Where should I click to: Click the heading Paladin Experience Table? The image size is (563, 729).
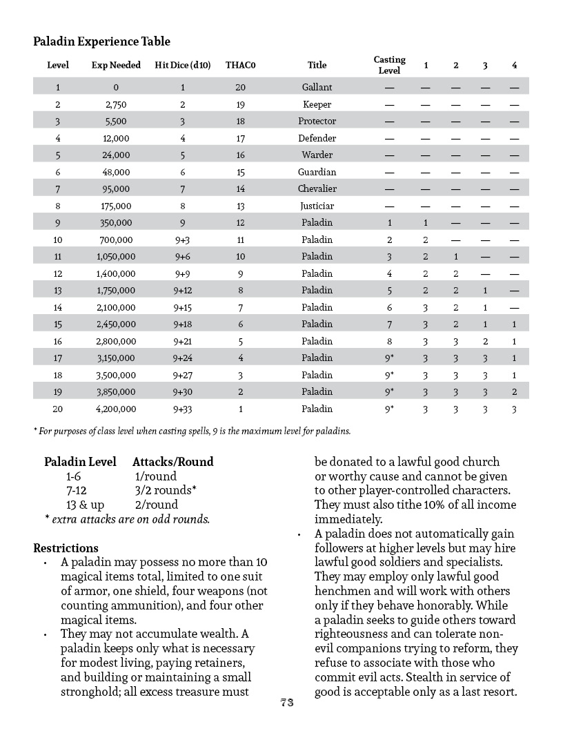pyautogui.click(x=101, y=42)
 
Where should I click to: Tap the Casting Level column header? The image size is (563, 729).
pyautogui.click(x=389, y=65)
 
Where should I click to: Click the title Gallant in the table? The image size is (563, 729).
pyautogui.click(x=317, y=88)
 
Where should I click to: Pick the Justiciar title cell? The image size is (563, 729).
pyautogui.click(x=317, y=206)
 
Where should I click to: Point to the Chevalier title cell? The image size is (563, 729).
pyautogui.click(x=317, y=189)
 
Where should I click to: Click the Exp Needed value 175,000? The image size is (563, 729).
pyautogui.click(x=116, y=206)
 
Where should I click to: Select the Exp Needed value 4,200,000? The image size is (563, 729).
pyautogui.click(x=116, y=409)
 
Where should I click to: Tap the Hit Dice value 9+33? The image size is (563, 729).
pyautogui.click(x=183, y=409)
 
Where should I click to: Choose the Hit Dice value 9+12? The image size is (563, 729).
pyautogui.click(x=183, y=291)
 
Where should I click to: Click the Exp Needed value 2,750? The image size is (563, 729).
pyautogui.click(x=116, y=105)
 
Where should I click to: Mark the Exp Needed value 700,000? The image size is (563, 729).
pyautogui.click(x=116, y=240)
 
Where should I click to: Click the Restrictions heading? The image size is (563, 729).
pyautogui.click(x=66, y=549)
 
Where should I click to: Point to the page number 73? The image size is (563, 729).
pyautogui.click(x=287, y=703)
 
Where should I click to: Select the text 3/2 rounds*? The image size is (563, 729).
pyautogui.click(x=166, y=490)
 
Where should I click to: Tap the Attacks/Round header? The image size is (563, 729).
pyautogui.click(x=172, y=462)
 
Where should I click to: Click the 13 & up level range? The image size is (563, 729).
pyautogui.click(x=85, y=505)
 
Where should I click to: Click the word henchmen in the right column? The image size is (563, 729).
pyautogui.click(x=342, y=592)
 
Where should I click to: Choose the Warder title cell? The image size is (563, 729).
pyautogui.click(x=317, y=155)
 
